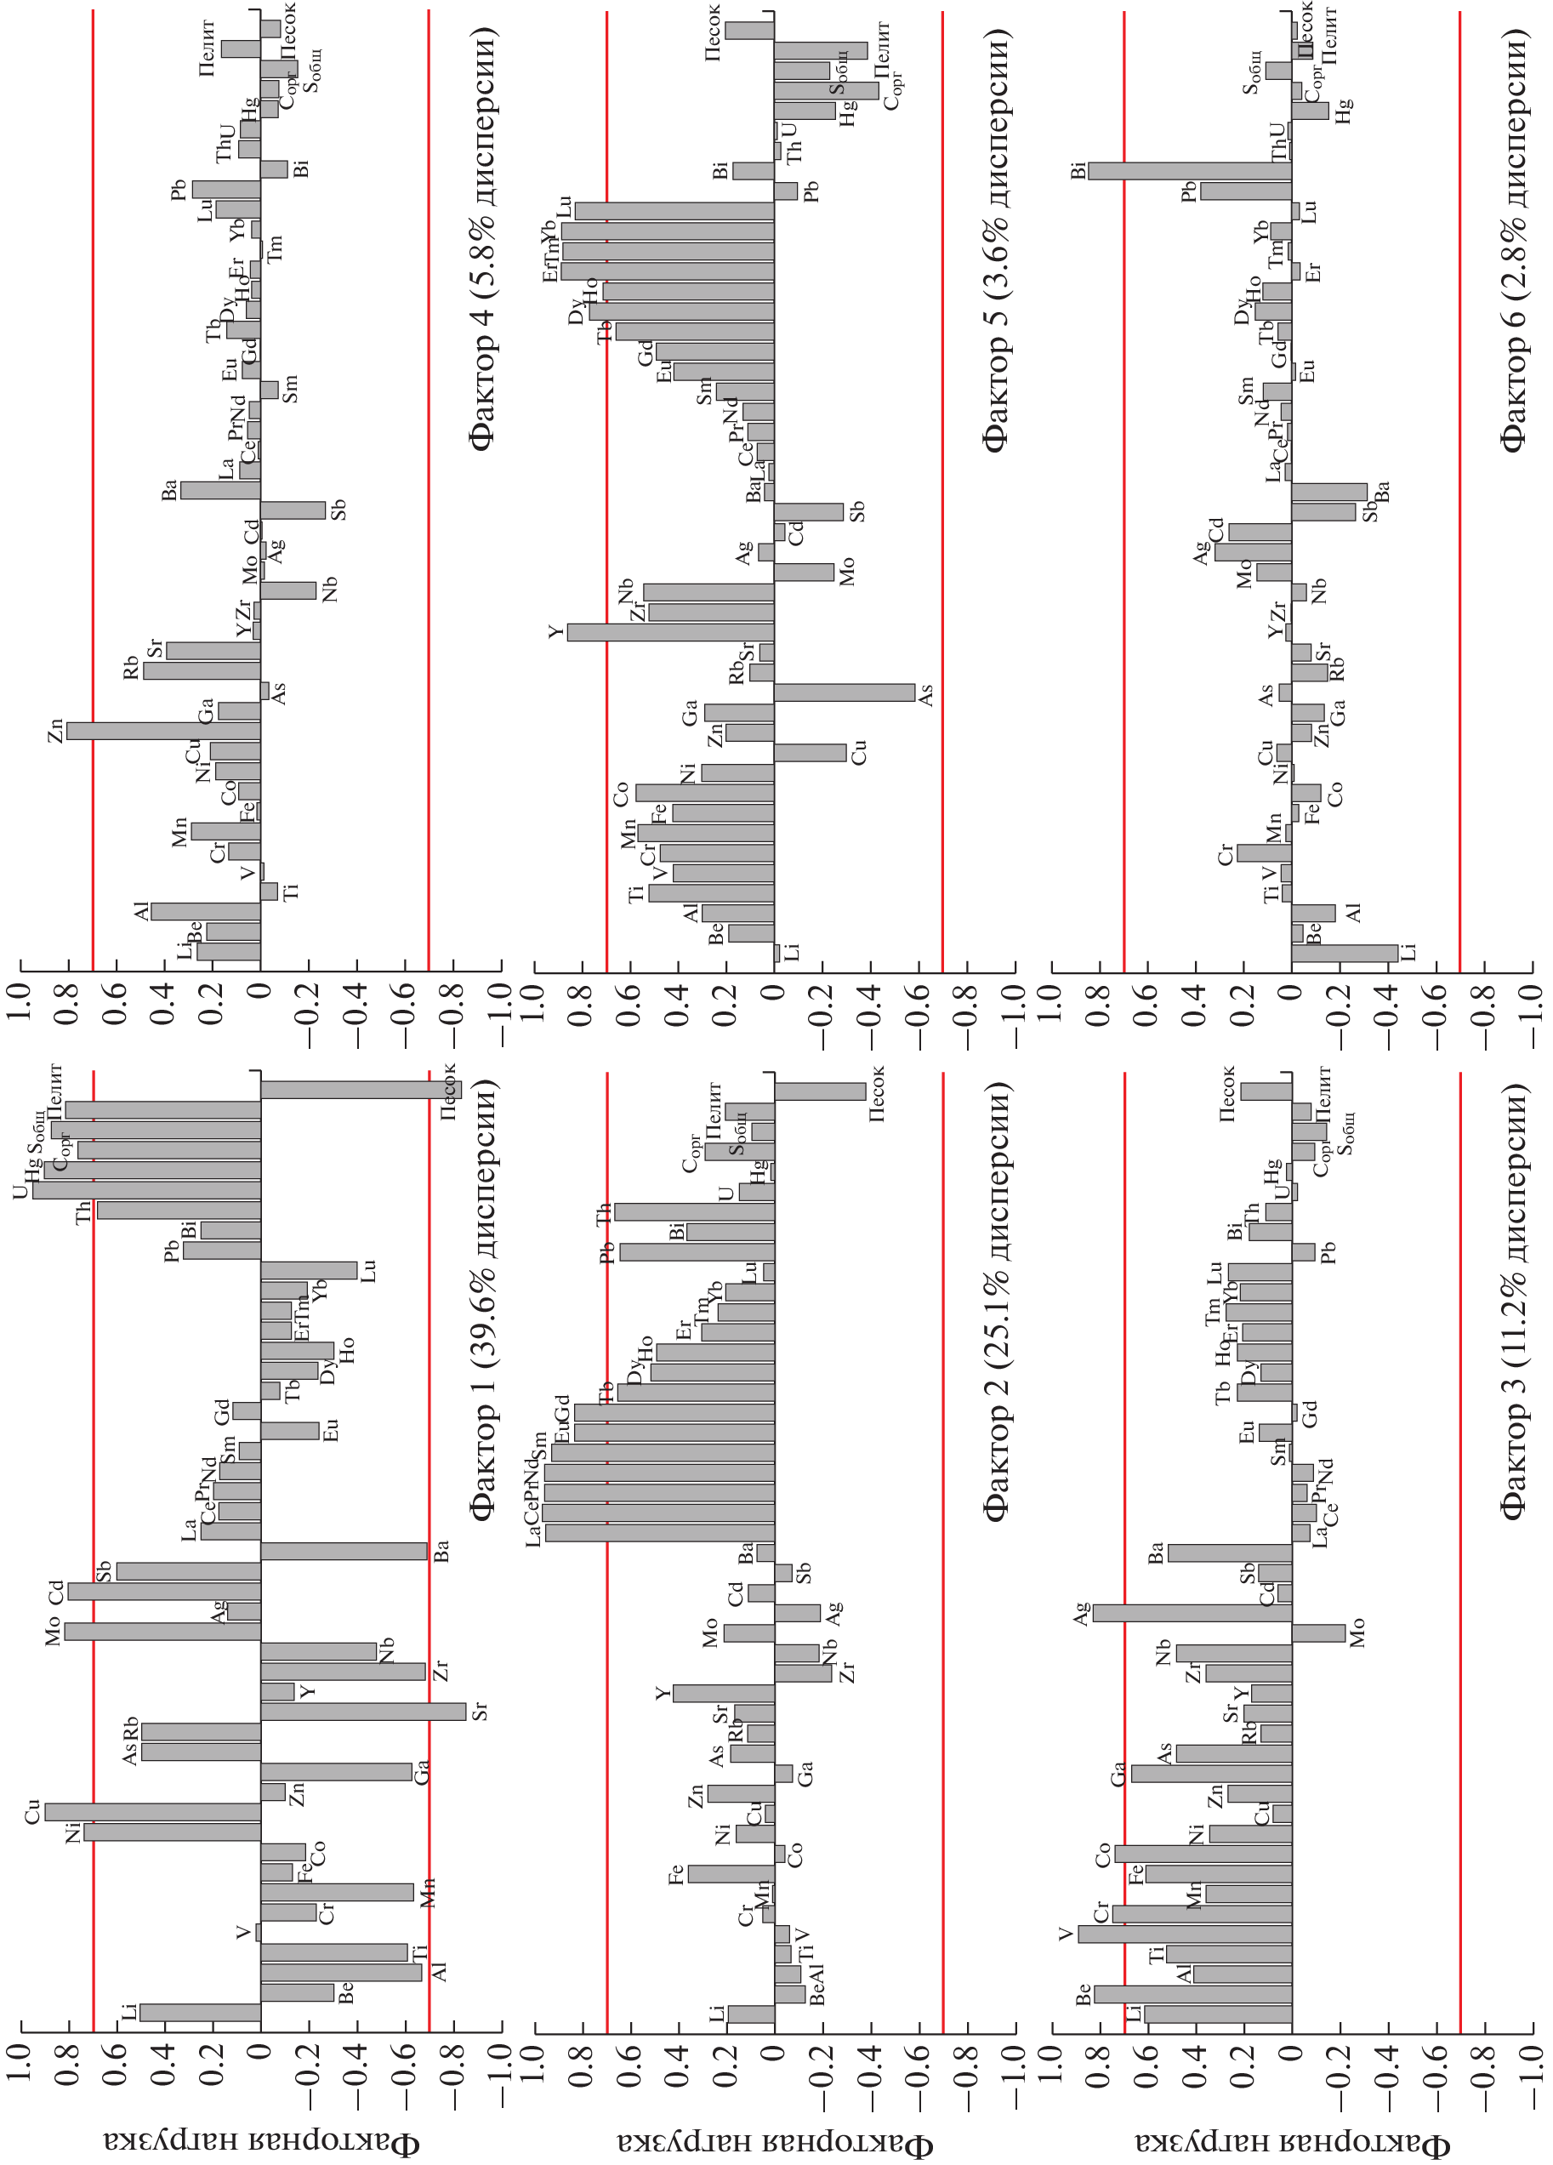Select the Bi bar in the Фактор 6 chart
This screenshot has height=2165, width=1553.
1189,171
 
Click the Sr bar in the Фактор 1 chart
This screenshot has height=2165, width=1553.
362,1712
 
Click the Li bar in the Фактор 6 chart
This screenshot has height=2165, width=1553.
1344,953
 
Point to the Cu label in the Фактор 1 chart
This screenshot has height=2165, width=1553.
32,1810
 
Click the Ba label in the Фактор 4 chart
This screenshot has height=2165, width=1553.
170,491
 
